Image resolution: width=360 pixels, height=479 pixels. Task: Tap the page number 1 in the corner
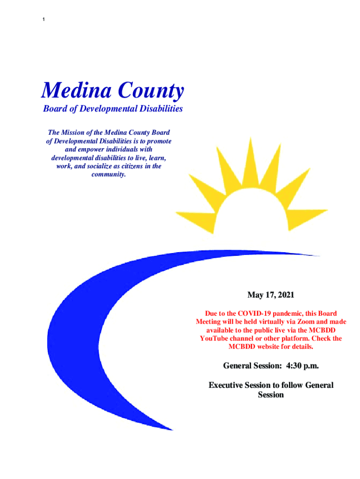pos(43,19)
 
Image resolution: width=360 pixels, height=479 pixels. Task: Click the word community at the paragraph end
pos(108,174)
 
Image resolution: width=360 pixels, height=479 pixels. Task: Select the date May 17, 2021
pos(271,295)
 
